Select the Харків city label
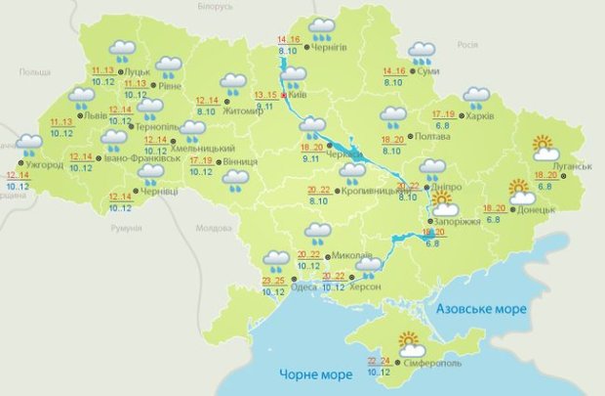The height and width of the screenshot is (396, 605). click(480, 117)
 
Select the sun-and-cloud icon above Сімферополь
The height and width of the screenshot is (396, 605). click(410, 343)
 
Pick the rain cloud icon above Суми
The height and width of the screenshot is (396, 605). click(422, 52)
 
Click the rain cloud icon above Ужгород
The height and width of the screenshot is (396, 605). click(30, 148)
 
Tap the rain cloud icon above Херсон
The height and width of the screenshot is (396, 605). click(368, 267)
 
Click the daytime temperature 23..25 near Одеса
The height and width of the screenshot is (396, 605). click(273, 281)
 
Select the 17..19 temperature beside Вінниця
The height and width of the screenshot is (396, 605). click(201, 160)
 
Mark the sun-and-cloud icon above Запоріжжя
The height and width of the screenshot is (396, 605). click(445, 203)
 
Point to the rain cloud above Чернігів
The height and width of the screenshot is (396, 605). click(321, 29)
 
